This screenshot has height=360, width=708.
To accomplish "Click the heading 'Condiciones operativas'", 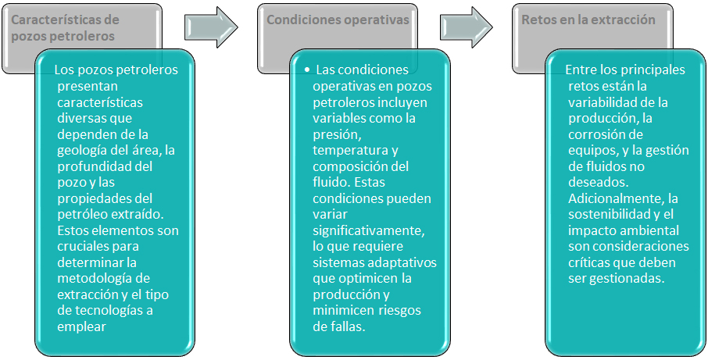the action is tap(338, 20).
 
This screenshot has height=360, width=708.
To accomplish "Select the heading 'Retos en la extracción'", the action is tap(588, 20).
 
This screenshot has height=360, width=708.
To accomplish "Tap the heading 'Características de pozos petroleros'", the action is tap(65, 28).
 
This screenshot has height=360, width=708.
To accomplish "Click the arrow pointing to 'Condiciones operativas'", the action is tap(211, 27).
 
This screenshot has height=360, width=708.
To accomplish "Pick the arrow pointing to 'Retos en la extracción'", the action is tap(467, 27).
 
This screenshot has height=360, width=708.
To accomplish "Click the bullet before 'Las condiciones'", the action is tap(307, 71).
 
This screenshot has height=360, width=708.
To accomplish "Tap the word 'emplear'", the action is tap(82, 327).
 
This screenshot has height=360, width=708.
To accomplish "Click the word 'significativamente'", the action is tap(368, 231).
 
